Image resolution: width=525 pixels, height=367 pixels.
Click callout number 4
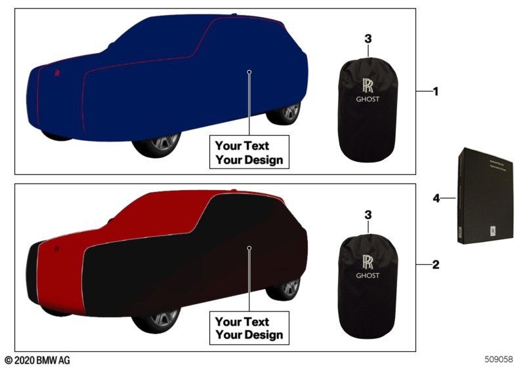point(437,196)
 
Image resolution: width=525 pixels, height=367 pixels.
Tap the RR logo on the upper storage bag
point(367,85)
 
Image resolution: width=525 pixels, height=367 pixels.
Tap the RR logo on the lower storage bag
point(367,260)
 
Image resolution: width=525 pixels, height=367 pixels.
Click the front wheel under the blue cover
point(157,145)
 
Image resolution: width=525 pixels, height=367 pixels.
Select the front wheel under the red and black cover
point(157,320)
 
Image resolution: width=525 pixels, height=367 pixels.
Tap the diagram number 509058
point(501,359)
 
